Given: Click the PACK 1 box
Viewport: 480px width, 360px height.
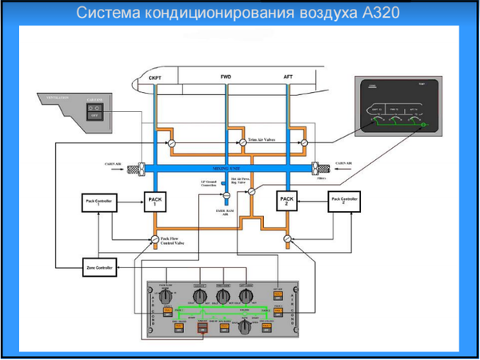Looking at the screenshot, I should click(154, 201).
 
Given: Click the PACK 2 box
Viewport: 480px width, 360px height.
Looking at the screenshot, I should click(286, 201).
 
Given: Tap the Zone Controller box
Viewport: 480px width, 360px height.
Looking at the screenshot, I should click(98, 266).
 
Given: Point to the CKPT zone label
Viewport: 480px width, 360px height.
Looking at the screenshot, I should click(155, 78).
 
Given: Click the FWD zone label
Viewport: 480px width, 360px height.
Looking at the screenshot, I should click(225, 77).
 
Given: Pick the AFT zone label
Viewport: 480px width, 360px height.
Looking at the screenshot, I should click(289, 77).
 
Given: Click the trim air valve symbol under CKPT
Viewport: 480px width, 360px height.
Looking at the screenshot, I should click(171, 142).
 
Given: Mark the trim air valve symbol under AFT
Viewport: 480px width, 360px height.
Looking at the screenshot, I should click(305, 142).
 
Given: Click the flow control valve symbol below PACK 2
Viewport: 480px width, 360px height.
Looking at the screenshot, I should click(286, 238).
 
